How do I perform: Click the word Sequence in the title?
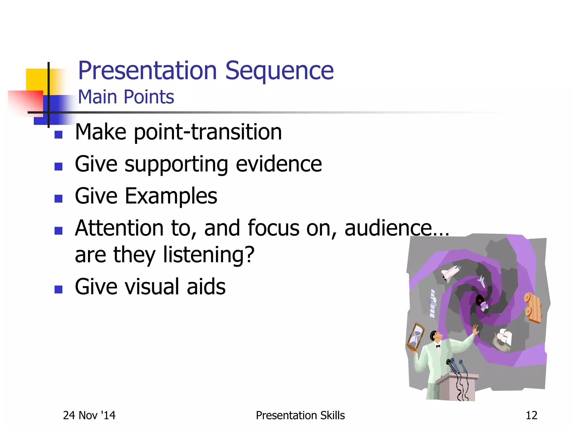pyautogui.click(x=279, y=71)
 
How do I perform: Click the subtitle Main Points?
pyautogui.click(x=126, y=97)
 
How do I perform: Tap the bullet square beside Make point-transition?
pyautogui.click(x=58, y=135)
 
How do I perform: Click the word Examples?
pyautogui.click(x=171, y=196)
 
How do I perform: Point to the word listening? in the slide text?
pyautogui.click(x=209, y=255)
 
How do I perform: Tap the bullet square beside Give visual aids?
pyautogui.click(x=58, y=289)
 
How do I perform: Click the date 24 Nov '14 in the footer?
pyautogui.click(x=89, y=415)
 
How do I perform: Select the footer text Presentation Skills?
pyautogui.click(x=300, y=415)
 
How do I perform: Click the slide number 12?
pyautogui.click(x=531, y=415)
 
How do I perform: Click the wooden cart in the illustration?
pyautogui.click(x=533, y=307)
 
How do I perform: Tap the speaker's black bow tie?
pyautogui.click(x=438, y=346)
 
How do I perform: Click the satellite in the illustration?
pyautogui.click(x=433, y=303)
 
